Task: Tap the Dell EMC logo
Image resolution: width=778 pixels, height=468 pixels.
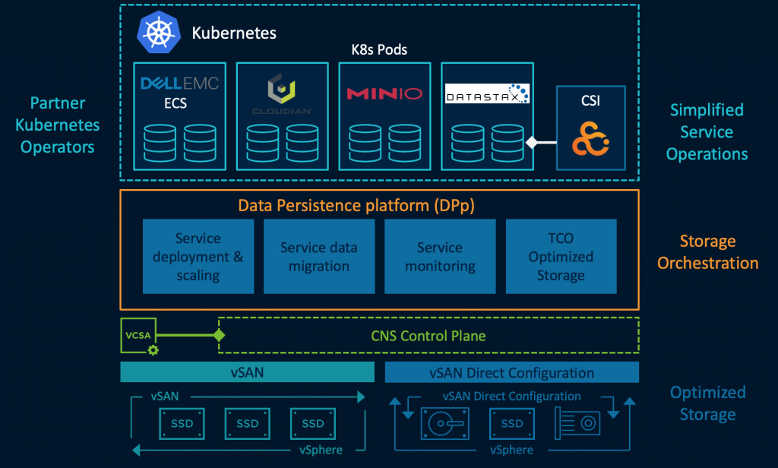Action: pos(179,83)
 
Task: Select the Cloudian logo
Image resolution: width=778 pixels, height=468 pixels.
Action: pos(282,94)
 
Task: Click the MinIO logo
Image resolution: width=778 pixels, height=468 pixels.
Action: pos(384,94)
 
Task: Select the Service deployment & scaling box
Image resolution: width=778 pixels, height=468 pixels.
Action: pos(198,256)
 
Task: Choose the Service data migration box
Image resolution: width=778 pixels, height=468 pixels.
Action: pos(318,256)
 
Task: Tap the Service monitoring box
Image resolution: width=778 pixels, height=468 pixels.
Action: pos(440,256)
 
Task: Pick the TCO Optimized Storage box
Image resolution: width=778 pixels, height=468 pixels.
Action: pos(561,256)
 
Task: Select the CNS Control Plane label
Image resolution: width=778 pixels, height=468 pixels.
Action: pos(429,335)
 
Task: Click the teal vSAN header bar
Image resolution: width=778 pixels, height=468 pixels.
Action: pos(248,372)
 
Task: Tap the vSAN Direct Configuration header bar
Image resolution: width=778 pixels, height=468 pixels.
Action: pos(512,372)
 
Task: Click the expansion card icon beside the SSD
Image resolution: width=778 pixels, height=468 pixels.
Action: pos(577,422)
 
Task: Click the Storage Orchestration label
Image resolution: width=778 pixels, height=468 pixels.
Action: pos(707,252)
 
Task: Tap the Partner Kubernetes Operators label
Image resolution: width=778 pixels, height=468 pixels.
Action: pos(58,125)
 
